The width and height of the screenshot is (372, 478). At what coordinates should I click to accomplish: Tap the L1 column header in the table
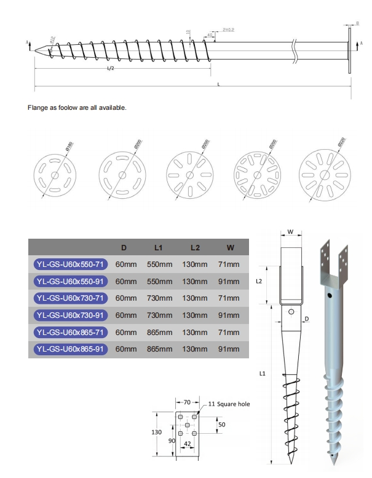click(158, 247)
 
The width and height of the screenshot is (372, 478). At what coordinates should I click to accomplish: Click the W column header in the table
click(229, 247)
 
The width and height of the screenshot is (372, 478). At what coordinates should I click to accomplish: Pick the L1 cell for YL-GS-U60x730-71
click(159, 298)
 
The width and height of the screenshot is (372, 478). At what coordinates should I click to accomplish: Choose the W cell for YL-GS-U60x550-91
click(229, 281)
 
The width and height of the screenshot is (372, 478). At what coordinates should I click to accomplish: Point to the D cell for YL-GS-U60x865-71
click(126, 332)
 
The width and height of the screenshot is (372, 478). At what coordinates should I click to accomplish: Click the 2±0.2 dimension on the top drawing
click(228, 29)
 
